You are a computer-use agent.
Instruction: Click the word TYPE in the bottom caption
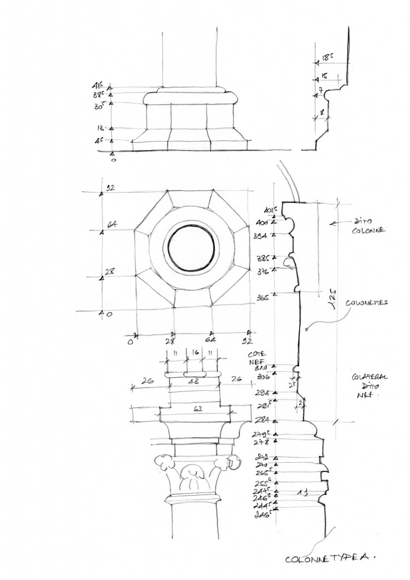coord(336,558)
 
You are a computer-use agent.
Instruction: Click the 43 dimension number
coord(194,380)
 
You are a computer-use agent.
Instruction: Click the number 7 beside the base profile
coord(321,91)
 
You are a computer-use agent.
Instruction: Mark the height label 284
coord(260,421)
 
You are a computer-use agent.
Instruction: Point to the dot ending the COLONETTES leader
coord(306,329)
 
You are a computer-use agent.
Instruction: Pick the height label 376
coord(261,270)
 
